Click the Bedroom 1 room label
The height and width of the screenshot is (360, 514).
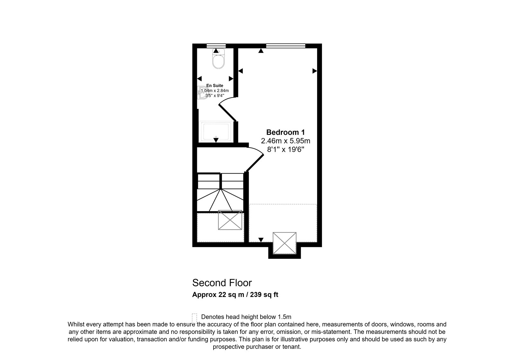click(286, 132)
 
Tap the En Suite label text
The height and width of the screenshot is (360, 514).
click(215, 85)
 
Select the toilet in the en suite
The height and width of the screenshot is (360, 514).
click(218, 59)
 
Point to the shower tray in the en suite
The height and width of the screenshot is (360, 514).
click(216, 131)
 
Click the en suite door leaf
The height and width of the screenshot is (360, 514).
click(227, 113)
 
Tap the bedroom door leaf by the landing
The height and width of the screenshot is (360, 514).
click(255, 163)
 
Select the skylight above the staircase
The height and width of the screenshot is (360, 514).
click(230, 220)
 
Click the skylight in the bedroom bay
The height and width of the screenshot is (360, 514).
click(285, 243)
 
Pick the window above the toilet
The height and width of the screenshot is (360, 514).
click(216, 46)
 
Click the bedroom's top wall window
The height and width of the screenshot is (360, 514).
click(286, 46)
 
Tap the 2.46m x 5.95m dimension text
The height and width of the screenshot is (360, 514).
click(286, 141)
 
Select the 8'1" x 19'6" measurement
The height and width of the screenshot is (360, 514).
click(286, 149)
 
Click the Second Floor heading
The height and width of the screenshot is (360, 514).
click(222, 283)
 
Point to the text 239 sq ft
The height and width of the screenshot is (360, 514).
click(264, 294)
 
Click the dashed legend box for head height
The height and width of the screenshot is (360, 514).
click(194, 319)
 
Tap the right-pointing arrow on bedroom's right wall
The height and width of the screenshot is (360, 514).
click(315, 71)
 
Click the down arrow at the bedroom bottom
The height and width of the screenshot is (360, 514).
click(261, 240)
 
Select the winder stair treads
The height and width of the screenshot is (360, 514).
click(220, 200)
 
